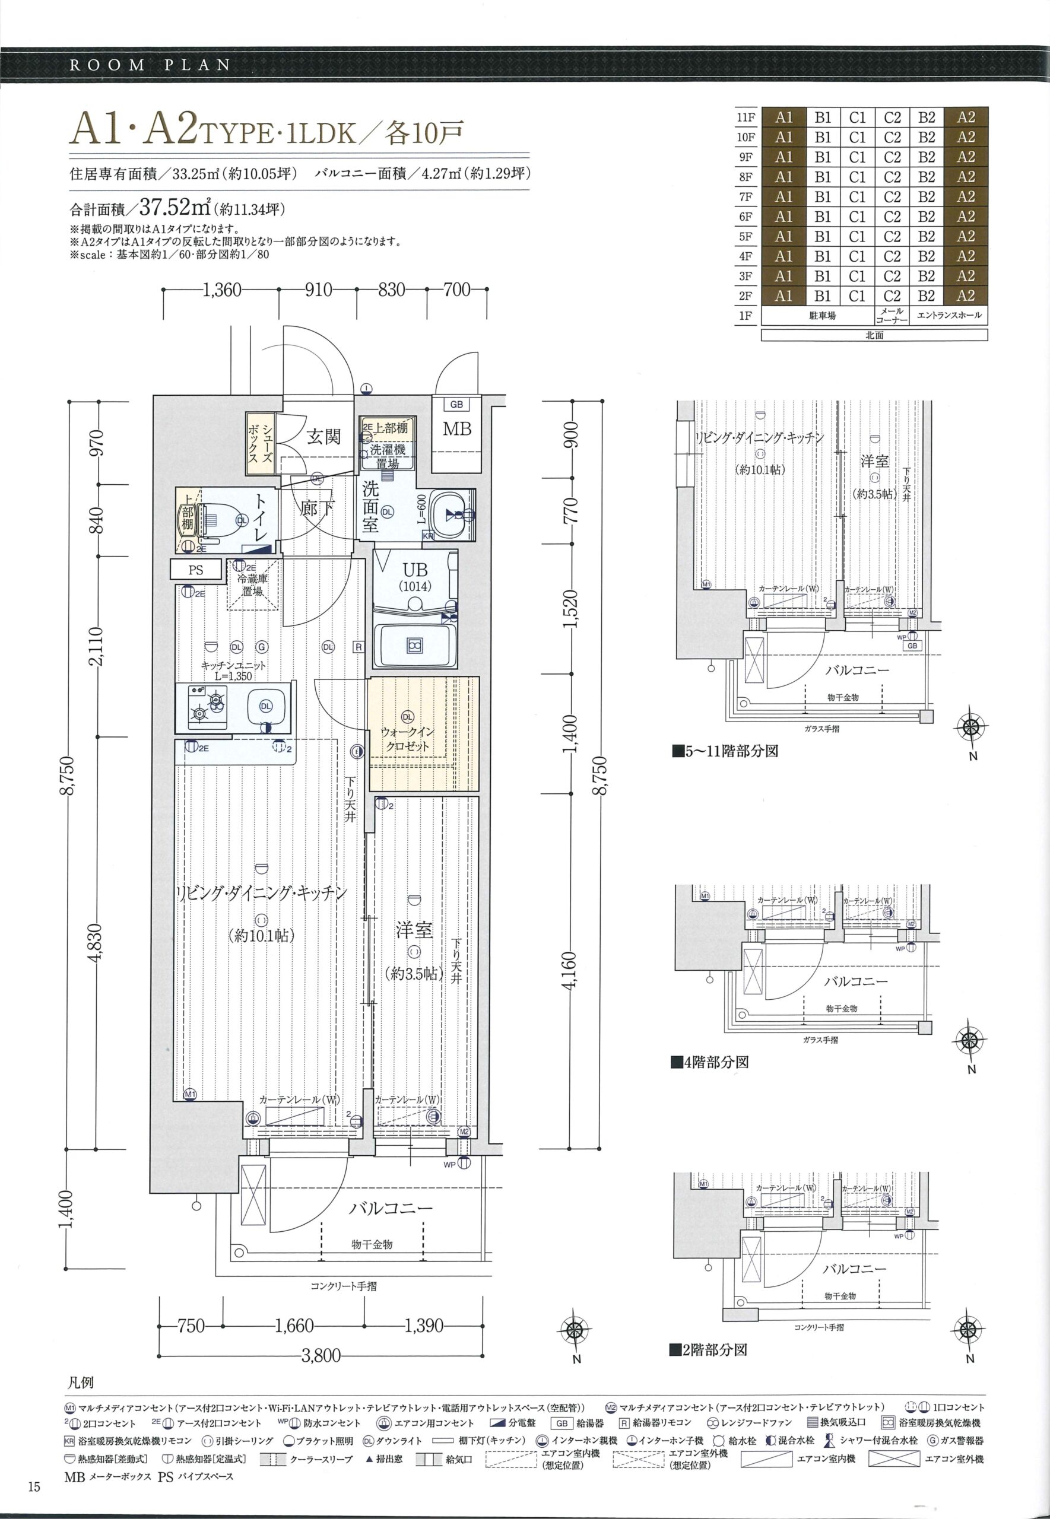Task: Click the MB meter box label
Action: (457, 429)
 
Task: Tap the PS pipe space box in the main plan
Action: (195, 570)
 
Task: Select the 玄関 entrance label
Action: (323, 436)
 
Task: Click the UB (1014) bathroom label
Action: (415, 576)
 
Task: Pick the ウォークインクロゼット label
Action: (408, 739)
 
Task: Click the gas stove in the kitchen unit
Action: (207, 707)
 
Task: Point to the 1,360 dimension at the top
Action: (223, 290)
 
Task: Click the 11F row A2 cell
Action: (966, 117)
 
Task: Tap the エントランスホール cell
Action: (949, 316)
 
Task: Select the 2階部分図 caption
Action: (708, 1350)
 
